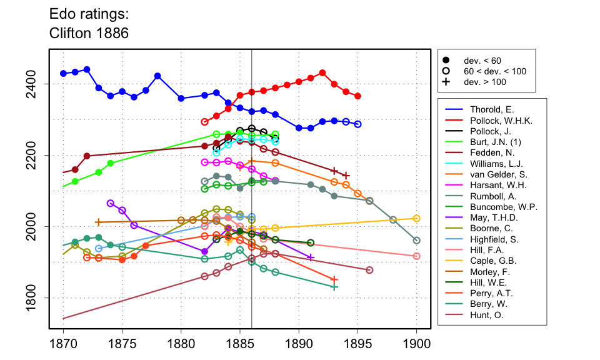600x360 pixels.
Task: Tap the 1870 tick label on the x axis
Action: pyautogui.click(x=63, y=343)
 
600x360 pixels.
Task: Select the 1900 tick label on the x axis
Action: pyautogui.click(x=417, y=343)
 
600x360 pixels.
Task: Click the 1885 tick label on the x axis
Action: pyautogui.click(x=240, y=343)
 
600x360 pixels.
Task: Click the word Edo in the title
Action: pyautogui.click(x=61, y=13)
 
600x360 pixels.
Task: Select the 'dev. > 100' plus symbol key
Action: pyautogui.click(x=446, y=82)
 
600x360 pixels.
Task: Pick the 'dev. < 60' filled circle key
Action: pyautogui.click(x=446, y=61)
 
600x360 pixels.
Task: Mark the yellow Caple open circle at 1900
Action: pyautogui.click(x=417, y=218)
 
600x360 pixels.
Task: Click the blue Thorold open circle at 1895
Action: pyautogui.click(x=357, y=124)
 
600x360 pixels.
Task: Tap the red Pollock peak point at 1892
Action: pyautogui.click(x=322, y=72)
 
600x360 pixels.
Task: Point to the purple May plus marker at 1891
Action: pyautogui.click(x=311, y=257)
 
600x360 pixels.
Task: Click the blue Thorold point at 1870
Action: pyautogui.click(x=63, y=73)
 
